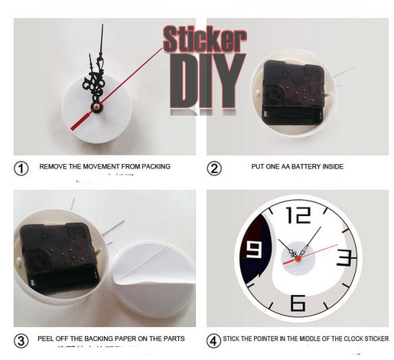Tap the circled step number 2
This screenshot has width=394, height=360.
tap(215, 167)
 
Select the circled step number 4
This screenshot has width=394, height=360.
tap(214, 339)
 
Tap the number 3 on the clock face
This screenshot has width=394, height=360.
tap(344, 257)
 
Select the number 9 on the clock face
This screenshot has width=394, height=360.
tap(253, 250)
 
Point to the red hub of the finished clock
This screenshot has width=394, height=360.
tap(298, 260)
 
